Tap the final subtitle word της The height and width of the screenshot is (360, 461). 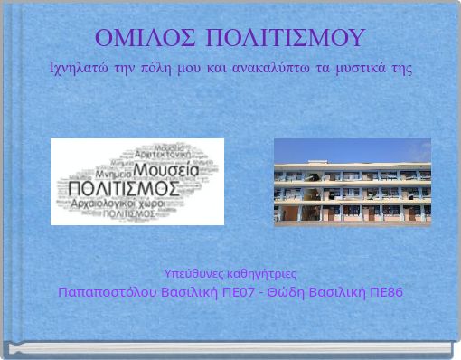tap(401, 69)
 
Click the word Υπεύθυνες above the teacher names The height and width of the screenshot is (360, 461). tap(191, 273)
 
